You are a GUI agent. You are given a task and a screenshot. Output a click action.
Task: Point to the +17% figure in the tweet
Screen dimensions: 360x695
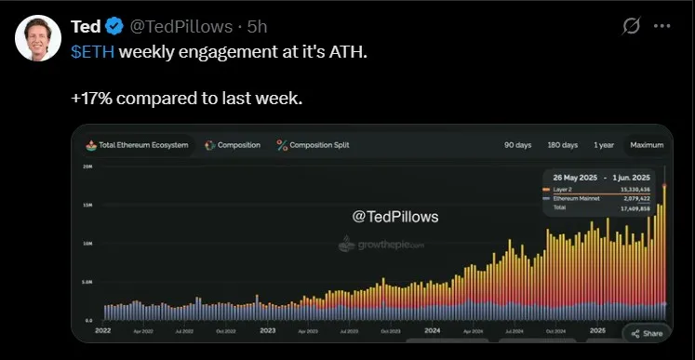pyautogui.click(x=90, y=96)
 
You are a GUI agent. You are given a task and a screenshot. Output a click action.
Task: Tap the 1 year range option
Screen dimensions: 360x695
pyautogui.click(x=604, y=145)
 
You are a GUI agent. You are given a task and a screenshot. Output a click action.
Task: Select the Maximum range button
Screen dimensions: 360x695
pyautogui.click(x=647, y=145)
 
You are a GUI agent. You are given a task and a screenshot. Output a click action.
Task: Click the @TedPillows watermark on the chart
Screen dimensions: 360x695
pyautogui.click(x=394, y=216)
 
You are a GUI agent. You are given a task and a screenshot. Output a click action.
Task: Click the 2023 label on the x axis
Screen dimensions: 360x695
pyautogui.click(x=268, y=329)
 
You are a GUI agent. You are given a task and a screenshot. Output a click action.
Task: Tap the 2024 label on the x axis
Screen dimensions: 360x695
pyautogui.click(x=433, y=329)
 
